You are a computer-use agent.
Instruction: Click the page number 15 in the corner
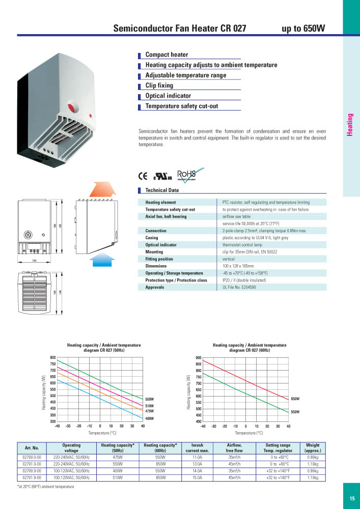pos(352,498)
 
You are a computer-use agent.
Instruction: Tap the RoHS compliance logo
pos(186,175)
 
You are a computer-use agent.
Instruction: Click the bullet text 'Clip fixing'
pos(159,86)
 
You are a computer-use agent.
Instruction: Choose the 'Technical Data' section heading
pos(162,190)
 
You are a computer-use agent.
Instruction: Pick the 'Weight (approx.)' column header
pos(313,448)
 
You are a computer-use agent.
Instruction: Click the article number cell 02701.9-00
pos(32,478)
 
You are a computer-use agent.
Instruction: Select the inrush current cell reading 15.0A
pos(197,478)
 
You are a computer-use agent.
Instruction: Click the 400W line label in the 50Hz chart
pos(150,418)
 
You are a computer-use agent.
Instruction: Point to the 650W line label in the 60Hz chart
pos(295,399)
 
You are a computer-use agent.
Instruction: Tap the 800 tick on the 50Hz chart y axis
pos(53,358)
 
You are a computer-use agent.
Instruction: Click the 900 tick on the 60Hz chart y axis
pos(199,358)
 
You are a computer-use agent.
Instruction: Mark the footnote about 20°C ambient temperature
pos(45,487)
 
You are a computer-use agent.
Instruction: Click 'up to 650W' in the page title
pos(303,29)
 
